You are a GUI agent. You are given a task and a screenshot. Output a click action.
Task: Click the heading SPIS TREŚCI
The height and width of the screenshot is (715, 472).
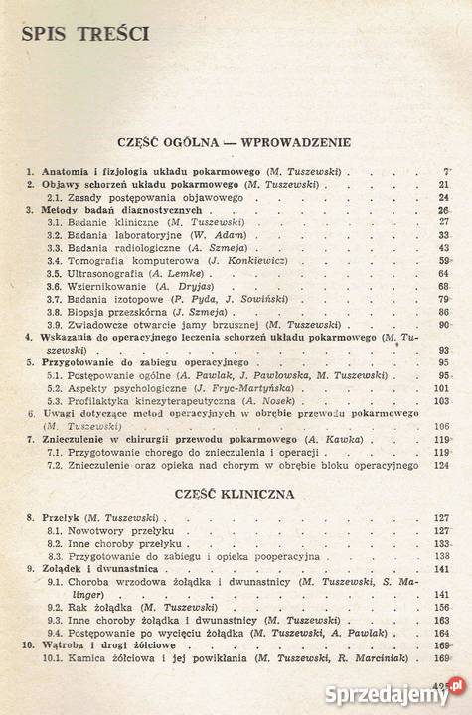tap(83, 36)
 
